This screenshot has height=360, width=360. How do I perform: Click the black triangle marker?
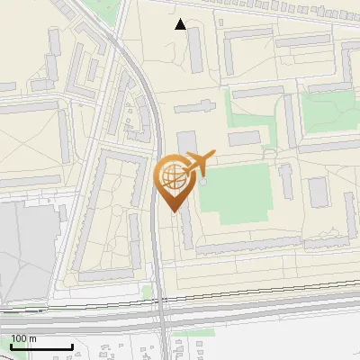click(181, 24)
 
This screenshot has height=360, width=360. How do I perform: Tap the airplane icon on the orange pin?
click(197, 164)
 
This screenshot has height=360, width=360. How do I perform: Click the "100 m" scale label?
click(23, 338)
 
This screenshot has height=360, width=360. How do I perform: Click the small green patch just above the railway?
click(148, 292)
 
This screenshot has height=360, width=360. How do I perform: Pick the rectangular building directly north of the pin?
click(185, 144)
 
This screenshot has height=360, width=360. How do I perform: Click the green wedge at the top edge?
click(108, 11)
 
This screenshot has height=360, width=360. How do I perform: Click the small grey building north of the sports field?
click(243, 139)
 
